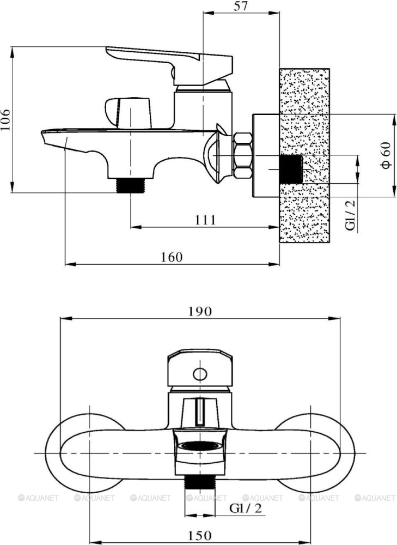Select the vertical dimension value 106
pos(6,119)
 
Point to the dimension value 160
pos(171,257)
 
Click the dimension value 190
pos(200,311)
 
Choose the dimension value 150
pos(200,535)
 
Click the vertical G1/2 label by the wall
pos(351,215)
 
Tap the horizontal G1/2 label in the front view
pos(246,508)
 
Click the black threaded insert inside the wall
pos(291,169)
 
